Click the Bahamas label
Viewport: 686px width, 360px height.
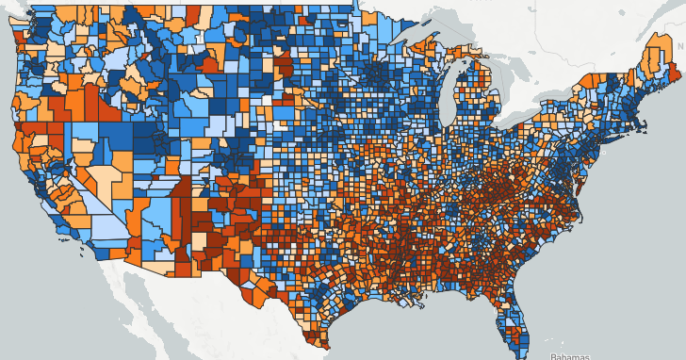569,355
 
